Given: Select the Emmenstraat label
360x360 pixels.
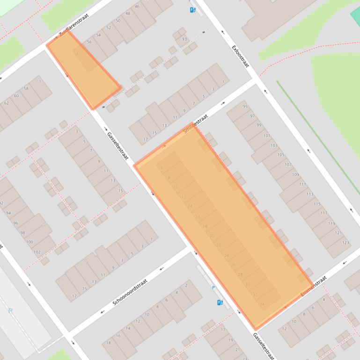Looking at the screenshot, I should click(x=314, y=287).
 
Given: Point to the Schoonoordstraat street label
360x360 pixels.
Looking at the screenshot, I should click(x=130, y=292).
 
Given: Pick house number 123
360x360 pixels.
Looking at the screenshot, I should click(x=345, y=243).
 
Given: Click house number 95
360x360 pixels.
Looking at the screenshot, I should click(x=245, y=107).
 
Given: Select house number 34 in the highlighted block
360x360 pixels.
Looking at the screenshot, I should click(x=262, y=304).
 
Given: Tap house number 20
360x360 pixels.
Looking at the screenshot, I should click(x=212, y=236).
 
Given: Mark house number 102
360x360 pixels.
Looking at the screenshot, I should click(x=37, y=252).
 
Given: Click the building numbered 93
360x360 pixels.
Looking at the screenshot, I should click(x=184, y=39).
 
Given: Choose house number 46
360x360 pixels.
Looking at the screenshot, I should click(x=137, y=7).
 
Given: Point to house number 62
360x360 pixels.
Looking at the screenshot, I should click(x=7, y=103).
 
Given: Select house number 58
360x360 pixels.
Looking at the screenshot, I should click(x=26, y=88).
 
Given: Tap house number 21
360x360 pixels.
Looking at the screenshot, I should click(x=237, y=349).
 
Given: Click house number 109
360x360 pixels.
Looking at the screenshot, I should click(x=295, y=174).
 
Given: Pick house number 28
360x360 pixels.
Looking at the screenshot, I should click(x=240, y=274).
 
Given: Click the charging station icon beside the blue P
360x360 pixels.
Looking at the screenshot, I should click(x=220, y=302).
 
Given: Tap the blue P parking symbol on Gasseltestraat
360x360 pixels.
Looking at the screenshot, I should click(x=214, y=288).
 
